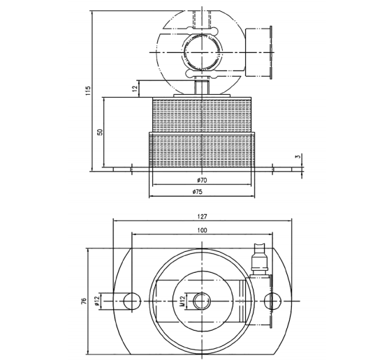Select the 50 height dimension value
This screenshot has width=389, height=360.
coord(101,132)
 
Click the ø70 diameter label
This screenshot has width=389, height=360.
coord(202,180)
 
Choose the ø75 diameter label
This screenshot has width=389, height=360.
coord(202,192)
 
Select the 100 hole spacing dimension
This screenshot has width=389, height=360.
coord(202,230)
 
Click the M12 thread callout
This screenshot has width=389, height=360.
coord(179,301)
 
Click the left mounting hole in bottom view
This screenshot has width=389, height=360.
coord(131,301)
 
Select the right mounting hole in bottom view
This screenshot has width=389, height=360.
coord(273,301)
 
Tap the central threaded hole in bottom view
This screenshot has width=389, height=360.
coord(202,301)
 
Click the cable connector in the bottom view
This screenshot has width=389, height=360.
coord(260,260)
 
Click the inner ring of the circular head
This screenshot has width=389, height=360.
coord(202,52)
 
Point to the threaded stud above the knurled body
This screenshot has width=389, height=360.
coord(202,89)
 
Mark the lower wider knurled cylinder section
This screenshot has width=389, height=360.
coord(202,150)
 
